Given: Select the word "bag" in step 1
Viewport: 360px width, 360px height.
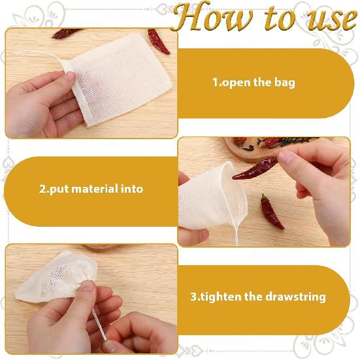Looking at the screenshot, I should (284, 83).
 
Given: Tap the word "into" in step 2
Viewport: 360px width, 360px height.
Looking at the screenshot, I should (131, 189).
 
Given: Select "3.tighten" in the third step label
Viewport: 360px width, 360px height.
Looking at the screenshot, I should (212, 297).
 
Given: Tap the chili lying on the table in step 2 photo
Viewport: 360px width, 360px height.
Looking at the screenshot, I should (272, 213).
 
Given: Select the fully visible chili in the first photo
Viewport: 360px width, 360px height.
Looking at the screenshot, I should (158, 41).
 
